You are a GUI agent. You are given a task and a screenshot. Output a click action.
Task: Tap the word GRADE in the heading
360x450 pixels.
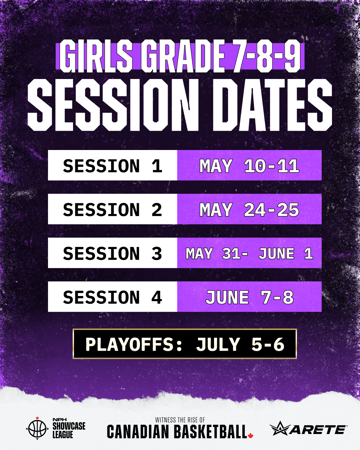pos(183,56)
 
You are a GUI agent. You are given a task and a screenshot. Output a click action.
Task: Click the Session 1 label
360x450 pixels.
pos(113,166)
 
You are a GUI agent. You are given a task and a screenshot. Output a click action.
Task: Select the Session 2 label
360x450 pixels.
pos(113,210)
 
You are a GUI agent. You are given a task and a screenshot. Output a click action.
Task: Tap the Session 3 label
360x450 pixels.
pos(113,253)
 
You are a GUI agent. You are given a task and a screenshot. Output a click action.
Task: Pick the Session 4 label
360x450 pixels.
pos(113,297)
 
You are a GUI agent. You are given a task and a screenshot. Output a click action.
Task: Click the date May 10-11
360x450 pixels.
pos(249,166)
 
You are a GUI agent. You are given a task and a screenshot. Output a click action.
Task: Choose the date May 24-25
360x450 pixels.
pos(249,210)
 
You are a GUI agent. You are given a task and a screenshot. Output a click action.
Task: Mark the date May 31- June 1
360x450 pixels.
pos(249,253)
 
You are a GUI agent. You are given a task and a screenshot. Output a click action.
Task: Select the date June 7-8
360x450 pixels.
pos(250,297)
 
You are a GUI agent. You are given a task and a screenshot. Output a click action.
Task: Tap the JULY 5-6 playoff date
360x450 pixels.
pos(240,344)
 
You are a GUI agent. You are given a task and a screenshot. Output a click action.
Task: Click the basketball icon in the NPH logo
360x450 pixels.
pos(37,428)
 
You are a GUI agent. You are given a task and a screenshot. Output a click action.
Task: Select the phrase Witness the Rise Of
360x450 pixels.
pos(180,420)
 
